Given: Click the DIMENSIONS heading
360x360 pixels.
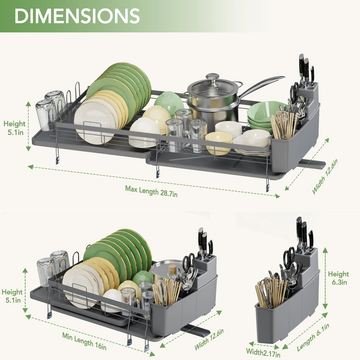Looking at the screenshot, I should [77, 16].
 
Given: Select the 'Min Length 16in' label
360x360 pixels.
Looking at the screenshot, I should [85, 341].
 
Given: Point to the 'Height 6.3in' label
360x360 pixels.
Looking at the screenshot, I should [338, 278].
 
